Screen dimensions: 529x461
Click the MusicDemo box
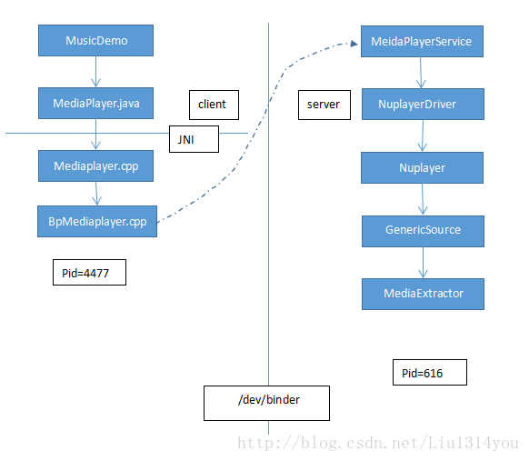point(95,41)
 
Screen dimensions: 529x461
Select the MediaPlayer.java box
point(95,104)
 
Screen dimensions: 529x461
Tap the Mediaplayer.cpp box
point(95,166)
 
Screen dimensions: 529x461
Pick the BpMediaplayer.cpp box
point(97,221)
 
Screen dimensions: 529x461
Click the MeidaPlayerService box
point(422,42)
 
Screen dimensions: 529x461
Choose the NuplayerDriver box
point(423,105)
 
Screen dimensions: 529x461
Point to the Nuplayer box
point(422,167)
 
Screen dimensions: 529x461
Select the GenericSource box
point(423,231)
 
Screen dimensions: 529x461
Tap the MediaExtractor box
point(423,294)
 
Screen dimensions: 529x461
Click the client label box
point(214,105)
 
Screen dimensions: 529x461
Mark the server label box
point(324,105)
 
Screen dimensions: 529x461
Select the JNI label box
point(194,139)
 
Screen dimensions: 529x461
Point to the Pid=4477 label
point(89,273)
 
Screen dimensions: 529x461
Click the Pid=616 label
point(430,372)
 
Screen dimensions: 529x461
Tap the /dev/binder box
point(266,404)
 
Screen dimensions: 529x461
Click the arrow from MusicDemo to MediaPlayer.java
point(95,72)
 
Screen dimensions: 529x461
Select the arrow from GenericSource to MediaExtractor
point(423,263)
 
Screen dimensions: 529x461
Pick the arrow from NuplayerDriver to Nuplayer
point(423,136)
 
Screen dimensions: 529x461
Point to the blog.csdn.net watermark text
point(378,443)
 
